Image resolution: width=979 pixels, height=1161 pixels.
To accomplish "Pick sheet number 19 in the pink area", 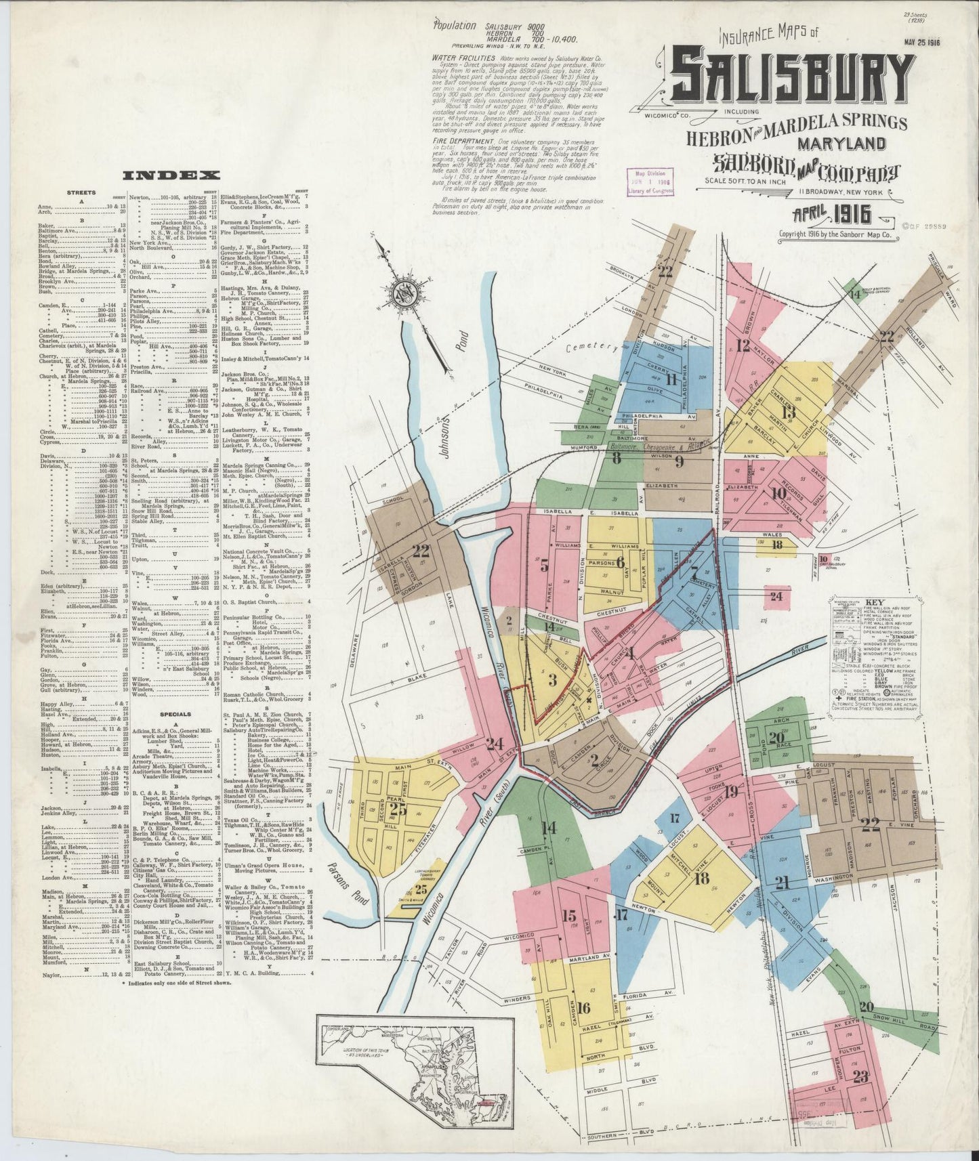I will click(730, 792).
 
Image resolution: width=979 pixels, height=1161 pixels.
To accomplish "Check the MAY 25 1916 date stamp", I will click(925, 42).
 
